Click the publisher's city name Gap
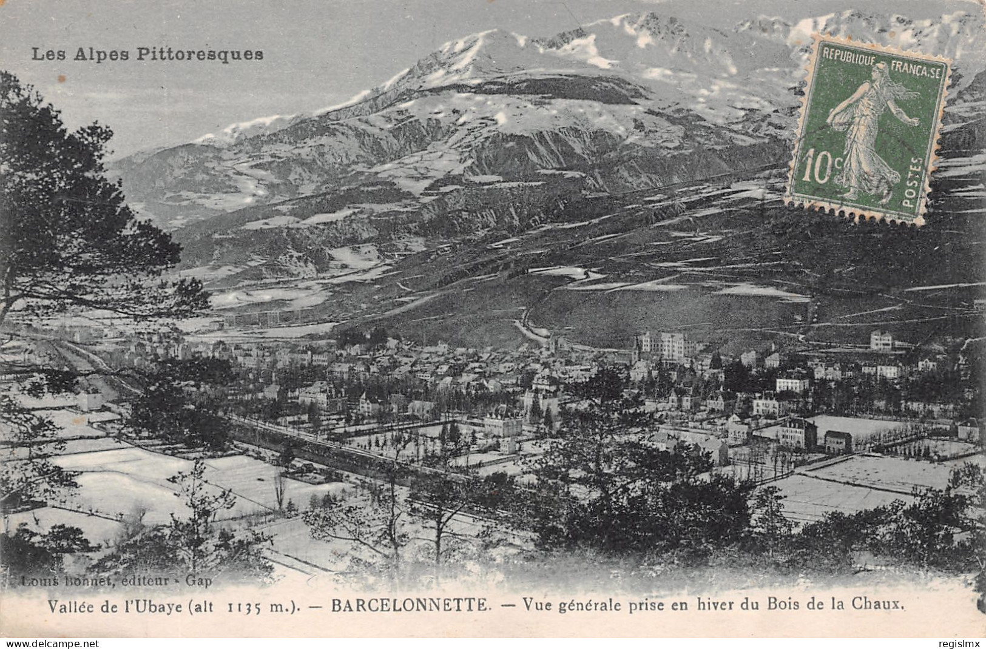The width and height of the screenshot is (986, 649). tap(200, 581)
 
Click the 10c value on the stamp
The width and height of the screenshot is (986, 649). tap(819, 169)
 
